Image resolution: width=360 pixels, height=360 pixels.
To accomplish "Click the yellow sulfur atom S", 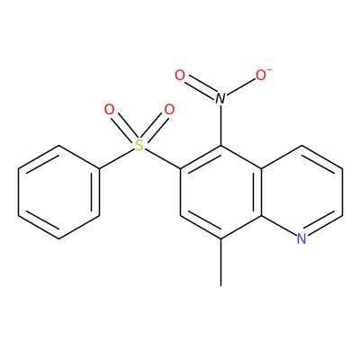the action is click(139, 146).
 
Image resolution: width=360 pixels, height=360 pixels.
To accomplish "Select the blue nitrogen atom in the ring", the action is click(301, 238).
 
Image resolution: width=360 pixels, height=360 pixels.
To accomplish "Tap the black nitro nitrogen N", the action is click(220, 98).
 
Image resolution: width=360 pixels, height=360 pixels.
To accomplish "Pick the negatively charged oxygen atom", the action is click(261, 75).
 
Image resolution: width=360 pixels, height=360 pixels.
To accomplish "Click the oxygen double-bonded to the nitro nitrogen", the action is click(180, 75).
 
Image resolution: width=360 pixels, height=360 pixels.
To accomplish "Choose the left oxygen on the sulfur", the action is click(109, 110).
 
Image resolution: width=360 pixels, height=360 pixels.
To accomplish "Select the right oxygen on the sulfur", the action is click(169, 110).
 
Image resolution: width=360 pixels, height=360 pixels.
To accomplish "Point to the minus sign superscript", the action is click(269, 69).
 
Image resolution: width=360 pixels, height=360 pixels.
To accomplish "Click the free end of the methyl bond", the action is click(220, 285).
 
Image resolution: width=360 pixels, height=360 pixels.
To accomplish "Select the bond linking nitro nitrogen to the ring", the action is click(220, 125).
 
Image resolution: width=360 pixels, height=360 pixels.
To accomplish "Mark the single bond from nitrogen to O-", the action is click(241, 86).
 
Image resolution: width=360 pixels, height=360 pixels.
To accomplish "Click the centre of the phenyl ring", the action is click(58, 193).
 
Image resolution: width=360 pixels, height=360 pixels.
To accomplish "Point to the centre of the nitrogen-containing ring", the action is click(301, 193).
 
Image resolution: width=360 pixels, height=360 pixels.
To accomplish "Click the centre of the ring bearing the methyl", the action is click(220, 193).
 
